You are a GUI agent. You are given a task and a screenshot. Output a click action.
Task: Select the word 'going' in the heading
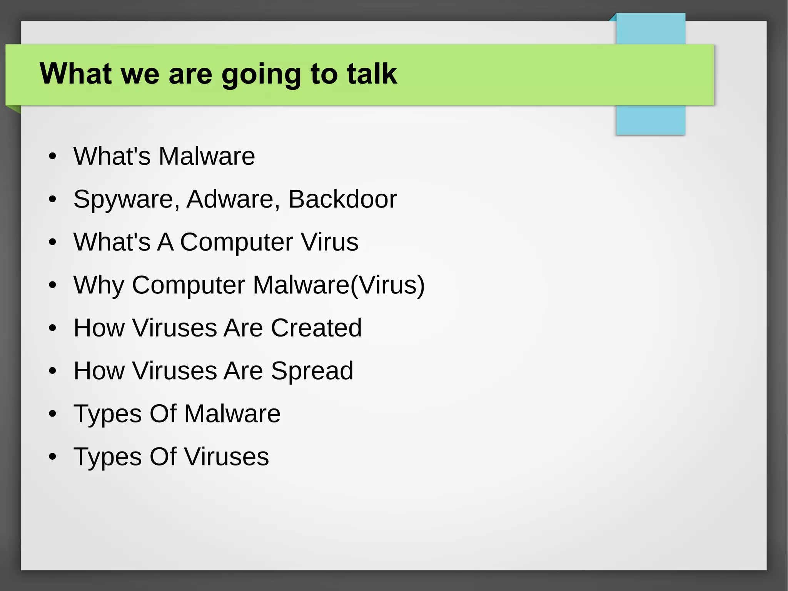coord(261,74)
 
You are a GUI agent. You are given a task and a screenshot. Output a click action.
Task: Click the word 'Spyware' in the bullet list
coord(126,199)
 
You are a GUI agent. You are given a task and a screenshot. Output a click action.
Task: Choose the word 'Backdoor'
coord(342,199)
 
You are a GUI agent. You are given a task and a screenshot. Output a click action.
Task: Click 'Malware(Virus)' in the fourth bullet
coord(339,285)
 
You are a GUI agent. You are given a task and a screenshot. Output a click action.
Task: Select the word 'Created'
coord(316,328)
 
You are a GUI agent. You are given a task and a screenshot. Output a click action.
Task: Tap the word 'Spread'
coord(312,371)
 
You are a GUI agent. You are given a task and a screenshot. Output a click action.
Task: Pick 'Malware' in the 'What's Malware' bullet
coord(207,156)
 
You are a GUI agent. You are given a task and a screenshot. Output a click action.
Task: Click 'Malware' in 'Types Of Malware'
coord(232,414)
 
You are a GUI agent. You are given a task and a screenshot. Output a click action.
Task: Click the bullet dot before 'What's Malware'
coord(53,157)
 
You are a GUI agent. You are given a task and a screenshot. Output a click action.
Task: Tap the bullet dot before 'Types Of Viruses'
coord(53,457)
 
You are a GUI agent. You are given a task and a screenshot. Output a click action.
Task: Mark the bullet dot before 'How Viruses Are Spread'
coord(53,371)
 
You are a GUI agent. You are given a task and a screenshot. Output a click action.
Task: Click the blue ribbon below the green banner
coord(650,120)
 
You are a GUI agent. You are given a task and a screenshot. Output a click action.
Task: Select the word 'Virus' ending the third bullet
coord(329,242)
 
